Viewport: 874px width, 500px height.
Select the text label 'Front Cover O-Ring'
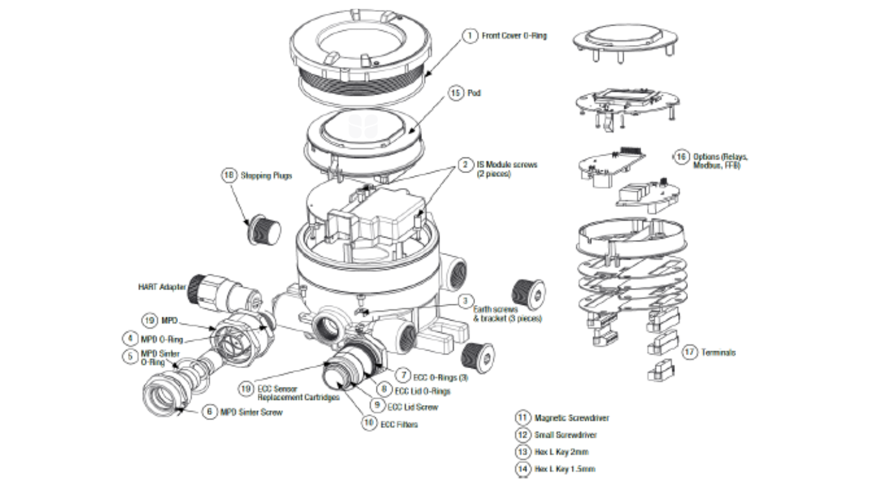click(514, 36)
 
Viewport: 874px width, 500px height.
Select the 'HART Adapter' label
click(162, 287)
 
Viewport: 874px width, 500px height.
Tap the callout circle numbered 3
click(464, 301)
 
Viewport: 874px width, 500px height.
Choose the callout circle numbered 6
click(210, 412)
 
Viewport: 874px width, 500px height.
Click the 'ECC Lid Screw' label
click(413, 407)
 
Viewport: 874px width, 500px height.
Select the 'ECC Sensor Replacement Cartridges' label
click(298, 392)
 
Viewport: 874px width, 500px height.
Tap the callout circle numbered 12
click(522, 434)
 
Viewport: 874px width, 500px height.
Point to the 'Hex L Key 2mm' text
click(561, 451)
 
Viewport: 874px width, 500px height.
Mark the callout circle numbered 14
click(522, 468)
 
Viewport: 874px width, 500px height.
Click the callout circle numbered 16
click(680, 156)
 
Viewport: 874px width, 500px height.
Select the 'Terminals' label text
click(718, 352)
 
